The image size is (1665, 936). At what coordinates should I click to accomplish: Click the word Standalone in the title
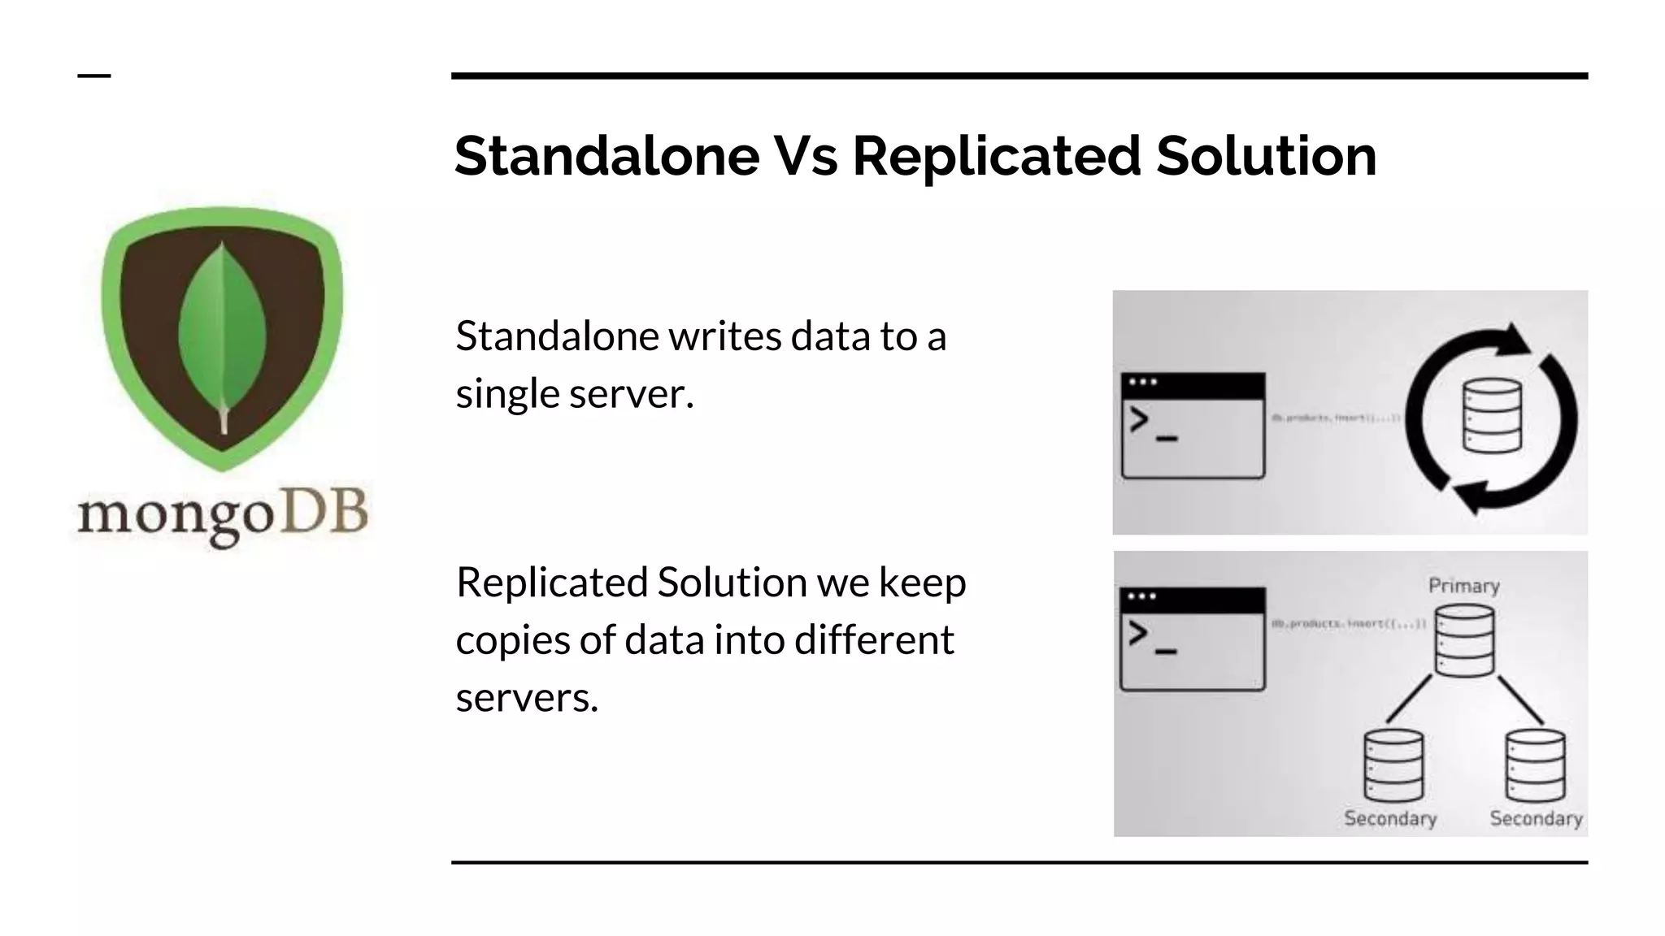606,155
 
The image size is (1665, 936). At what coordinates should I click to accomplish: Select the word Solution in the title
1266,155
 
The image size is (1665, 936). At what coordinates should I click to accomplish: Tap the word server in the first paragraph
631,393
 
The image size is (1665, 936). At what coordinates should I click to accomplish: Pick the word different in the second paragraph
874,639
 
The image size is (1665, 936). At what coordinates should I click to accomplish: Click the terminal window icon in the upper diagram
1193,425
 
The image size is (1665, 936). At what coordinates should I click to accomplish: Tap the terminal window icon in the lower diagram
1193,639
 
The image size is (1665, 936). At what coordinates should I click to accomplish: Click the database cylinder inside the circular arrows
1492,415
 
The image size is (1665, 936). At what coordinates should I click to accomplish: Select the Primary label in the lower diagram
1463,586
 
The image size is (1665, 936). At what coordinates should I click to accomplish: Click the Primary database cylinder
1464,641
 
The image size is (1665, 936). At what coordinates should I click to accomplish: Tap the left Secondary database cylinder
1393,765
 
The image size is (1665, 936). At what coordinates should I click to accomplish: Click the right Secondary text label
1536,818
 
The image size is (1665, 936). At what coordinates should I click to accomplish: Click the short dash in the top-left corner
94,76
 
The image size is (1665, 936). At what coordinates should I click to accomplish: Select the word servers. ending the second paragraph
527,697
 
